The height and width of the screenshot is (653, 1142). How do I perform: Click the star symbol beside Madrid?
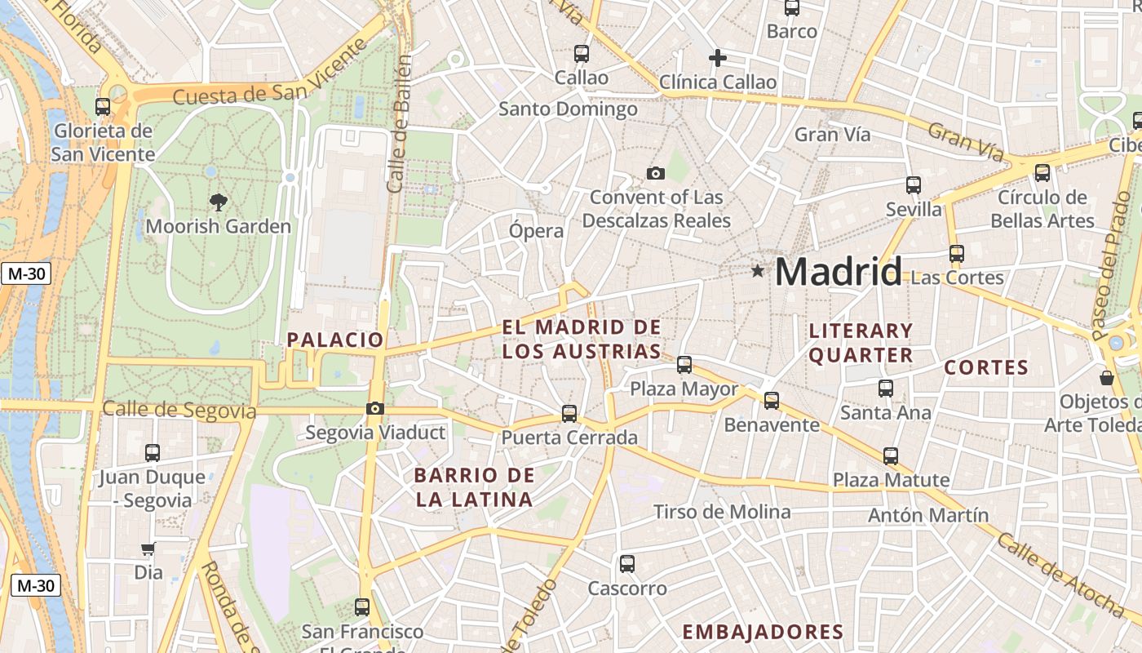[758, 270]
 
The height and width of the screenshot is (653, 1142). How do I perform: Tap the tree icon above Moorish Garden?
[218, 201]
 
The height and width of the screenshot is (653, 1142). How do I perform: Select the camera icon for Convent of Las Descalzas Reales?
[655, 173]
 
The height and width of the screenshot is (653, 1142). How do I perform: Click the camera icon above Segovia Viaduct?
[375, 408]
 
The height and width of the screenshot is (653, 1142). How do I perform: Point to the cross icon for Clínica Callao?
[717, 58]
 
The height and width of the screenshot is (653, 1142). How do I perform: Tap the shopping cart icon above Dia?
[148, 549]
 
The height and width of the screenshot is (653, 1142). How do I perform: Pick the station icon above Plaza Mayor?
[684, 364]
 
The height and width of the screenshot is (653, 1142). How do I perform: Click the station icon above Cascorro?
[626, 564]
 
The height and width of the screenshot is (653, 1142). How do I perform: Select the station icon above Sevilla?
[914, 185]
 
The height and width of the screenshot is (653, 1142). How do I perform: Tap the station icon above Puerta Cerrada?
[569, 414]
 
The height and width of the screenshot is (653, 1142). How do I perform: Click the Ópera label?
[536, 231]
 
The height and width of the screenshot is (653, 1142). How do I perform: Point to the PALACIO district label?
[334, 340]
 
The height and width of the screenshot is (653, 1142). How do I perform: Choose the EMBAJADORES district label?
[763, 632]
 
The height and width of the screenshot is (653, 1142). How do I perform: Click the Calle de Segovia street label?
[179, 411]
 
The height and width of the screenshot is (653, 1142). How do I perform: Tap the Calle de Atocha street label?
[1060, 575]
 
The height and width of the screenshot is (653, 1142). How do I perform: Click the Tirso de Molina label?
[722, 512]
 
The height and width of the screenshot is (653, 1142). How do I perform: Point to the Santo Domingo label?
[568, 109]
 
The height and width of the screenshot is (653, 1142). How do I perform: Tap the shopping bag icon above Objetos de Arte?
[1107, 378]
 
